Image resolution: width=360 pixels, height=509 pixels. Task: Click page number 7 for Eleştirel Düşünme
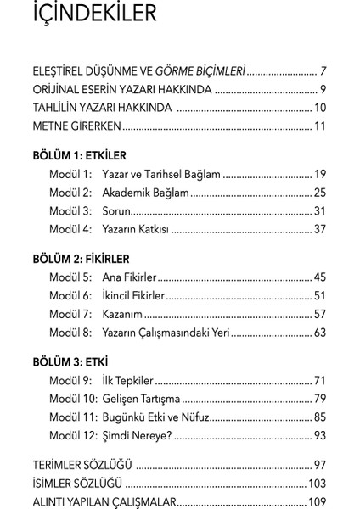pyautogui.click(x=323, y=70)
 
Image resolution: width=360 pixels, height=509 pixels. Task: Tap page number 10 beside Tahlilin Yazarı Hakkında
pyautogui.click(x=319, y=108)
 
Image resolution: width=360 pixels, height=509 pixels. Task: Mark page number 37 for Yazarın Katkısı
pyautogui.click(x=319, y=229)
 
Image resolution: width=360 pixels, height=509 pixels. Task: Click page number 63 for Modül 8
pyautogui.click(x=319, y=333)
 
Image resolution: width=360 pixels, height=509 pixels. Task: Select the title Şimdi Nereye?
pyautogui.click(x=136, y=435)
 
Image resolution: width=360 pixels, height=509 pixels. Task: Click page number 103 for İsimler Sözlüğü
pyautogui.click(x=317, y=484)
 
